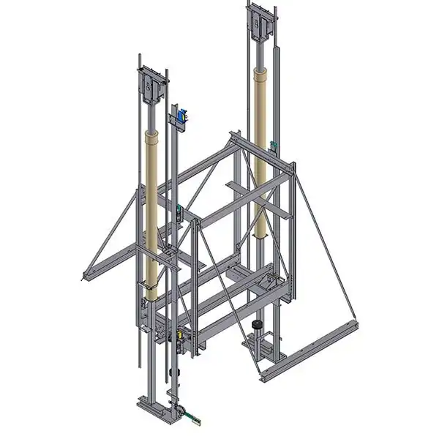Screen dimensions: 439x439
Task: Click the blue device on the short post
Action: click(183, 115)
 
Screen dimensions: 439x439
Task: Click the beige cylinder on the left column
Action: click(153, 212)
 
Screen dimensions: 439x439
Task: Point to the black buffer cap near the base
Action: click(257, 324)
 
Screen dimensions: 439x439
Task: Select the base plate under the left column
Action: click(157, 405)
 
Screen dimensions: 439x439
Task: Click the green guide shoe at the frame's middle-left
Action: click(179, 215)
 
